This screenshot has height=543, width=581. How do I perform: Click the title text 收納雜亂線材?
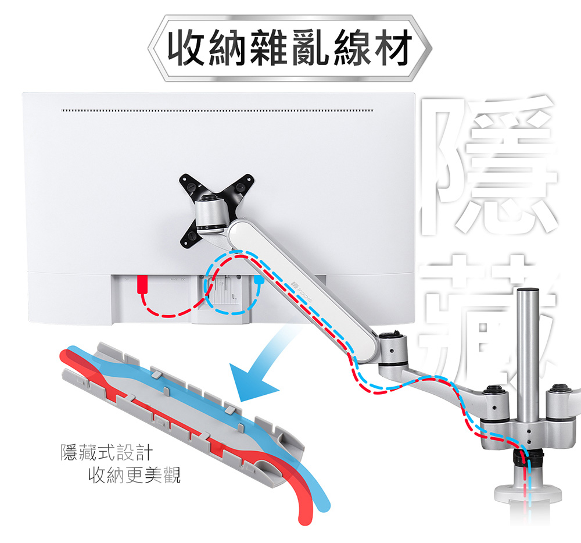(290, 48)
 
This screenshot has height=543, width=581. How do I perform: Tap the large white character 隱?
(489, 165)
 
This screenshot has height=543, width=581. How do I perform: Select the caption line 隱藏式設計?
(106, 452)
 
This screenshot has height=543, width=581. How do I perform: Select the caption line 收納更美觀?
(134, 475)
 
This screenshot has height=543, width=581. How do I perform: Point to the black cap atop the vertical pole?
(528, 290)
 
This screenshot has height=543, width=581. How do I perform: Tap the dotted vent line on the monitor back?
(217, 110)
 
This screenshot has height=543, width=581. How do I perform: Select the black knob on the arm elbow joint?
(391, 335)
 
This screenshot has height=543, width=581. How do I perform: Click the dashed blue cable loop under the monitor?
(232, 283)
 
